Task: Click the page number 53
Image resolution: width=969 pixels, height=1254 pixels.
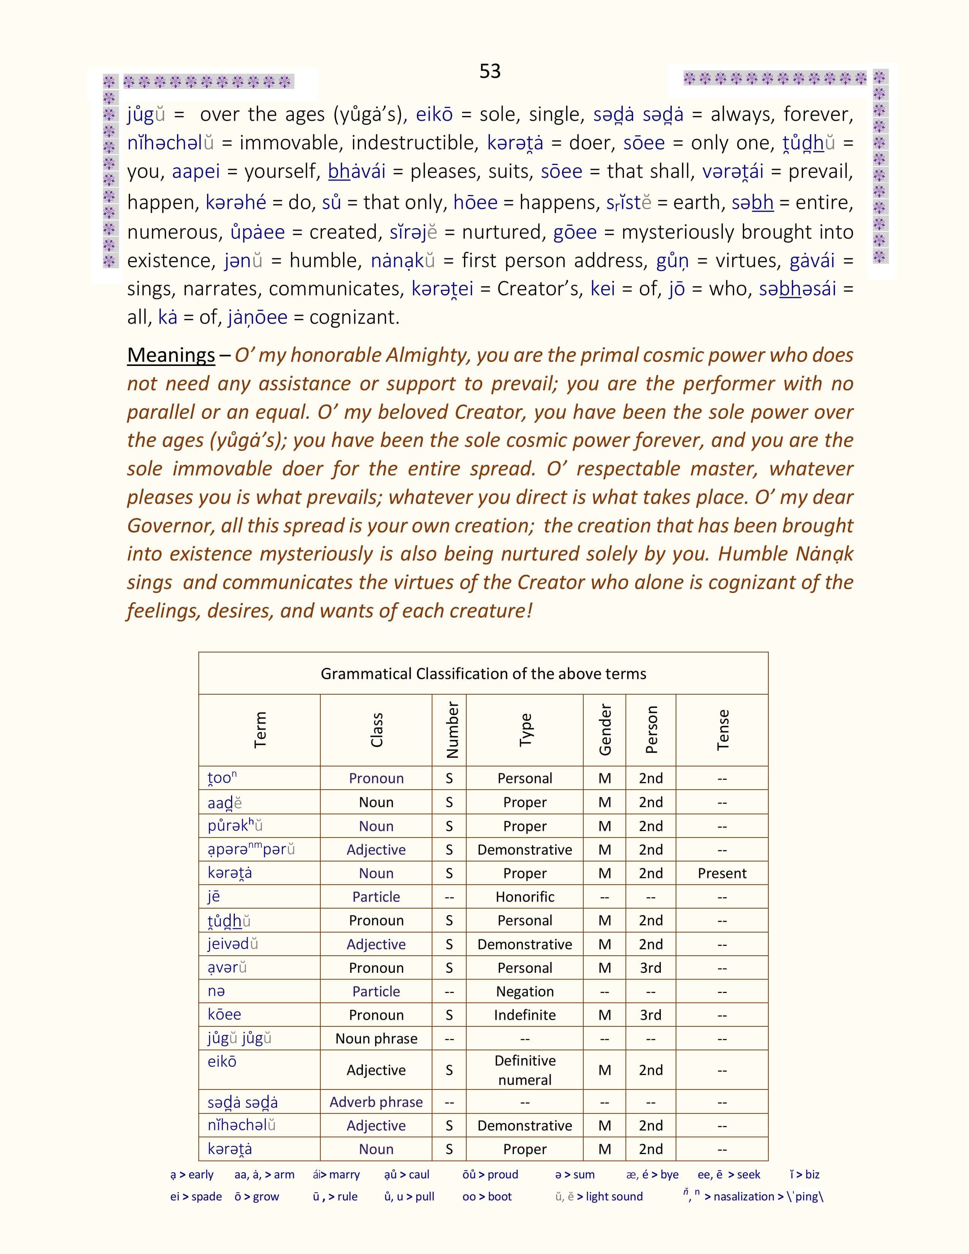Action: point(490,71)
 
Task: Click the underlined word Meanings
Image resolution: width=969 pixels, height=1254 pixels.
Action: point(171,355)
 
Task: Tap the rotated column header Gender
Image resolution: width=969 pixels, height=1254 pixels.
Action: point(605,730)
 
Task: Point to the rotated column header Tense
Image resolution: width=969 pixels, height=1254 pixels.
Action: point(723,730)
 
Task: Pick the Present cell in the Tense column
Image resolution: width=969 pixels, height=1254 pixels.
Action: point(722,873)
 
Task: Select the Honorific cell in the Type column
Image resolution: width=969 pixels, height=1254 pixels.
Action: point(525,897)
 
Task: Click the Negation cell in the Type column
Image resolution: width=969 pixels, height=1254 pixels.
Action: point(525,991)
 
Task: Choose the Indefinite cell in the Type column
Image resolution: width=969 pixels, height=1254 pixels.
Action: point(525,1015)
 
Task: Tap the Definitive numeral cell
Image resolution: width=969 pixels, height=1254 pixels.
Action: point(525,1070)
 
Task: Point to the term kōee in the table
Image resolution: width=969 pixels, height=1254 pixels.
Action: point(225,1015)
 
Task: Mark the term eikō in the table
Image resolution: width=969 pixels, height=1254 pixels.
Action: point(222,1061)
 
